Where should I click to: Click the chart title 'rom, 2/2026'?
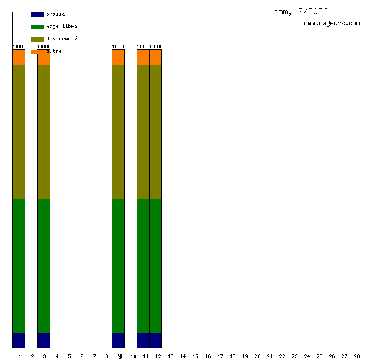300,12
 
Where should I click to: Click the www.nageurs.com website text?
332,24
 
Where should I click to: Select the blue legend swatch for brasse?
37,14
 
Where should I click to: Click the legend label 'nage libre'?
61,27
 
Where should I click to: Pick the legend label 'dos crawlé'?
61,39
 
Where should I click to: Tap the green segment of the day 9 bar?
119,266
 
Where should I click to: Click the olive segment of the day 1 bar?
19,132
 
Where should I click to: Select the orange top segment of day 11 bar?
143,57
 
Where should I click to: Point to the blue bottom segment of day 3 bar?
44,340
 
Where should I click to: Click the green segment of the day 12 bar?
156,266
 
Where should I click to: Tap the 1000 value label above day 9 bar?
118,47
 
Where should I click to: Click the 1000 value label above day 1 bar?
19,47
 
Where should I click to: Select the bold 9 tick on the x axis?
120,356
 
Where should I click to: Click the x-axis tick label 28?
357,356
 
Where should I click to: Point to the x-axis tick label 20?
257,356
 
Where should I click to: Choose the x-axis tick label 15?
195,356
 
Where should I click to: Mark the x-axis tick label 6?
81,356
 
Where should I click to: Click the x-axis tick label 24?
307,356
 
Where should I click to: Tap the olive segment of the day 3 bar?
44,132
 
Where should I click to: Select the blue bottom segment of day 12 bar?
156,340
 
